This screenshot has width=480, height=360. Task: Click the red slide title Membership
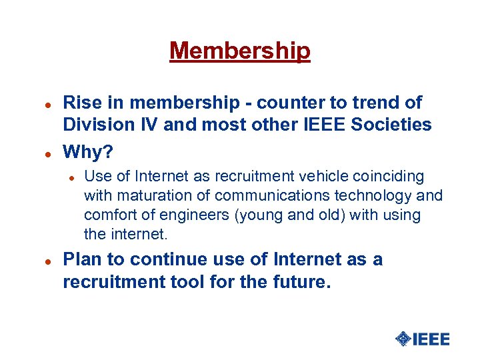pos(240,51)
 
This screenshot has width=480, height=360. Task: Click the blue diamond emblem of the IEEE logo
pos(403,339)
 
